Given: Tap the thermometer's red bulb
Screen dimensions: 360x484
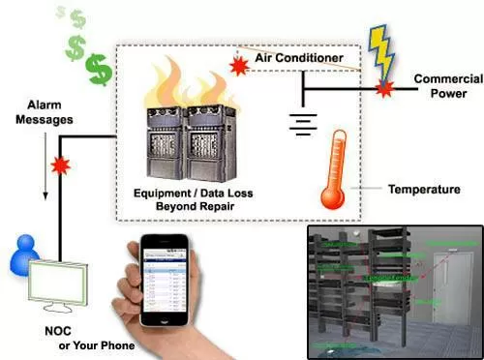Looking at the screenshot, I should click(332, 195).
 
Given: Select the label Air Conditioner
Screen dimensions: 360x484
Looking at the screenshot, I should click(298, 59).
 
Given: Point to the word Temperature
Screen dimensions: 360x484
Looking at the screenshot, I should click(423, 190).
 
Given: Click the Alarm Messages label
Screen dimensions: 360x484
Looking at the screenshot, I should click(45, 112).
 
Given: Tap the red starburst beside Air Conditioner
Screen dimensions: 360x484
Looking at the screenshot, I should click(236, 67).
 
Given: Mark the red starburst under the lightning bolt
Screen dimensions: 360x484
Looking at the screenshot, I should click(384, 89).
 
